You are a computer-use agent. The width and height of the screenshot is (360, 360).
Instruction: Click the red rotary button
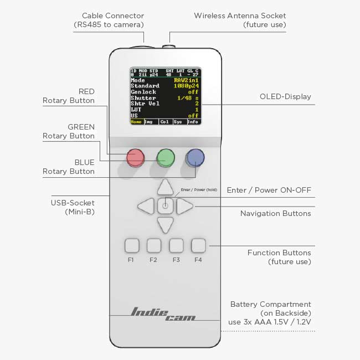(x=135, y=158)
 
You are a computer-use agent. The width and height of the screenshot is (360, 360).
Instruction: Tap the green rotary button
(x=165, y=157)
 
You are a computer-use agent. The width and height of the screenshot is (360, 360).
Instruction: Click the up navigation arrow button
(x=165, y=187)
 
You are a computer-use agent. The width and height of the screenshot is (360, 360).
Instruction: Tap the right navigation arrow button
(x=185, y=207)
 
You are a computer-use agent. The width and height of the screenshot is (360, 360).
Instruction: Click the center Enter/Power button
(x=165, y=206)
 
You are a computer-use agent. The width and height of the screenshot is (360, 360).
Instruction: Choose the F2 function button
(x=154, y=245)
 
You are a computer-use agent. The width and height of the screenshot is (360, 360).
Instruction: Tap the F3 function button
(x=176, y=245)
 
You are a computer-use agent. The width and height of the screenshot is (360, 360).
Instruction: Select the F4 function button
(x=198, y=245)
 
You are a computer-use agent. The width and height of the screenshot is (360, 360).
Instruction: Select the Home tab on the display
(x=136, y=122)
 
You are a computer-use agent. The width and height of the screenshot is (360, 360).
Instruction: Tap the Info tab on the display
(x=193, y=122)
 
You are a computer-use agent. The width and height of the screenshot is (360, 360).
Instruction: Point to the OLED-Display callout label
(x=285, y=96)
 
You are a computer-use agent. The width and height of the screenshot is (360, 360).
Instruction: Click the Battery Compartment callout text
(x=271, y=313)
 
